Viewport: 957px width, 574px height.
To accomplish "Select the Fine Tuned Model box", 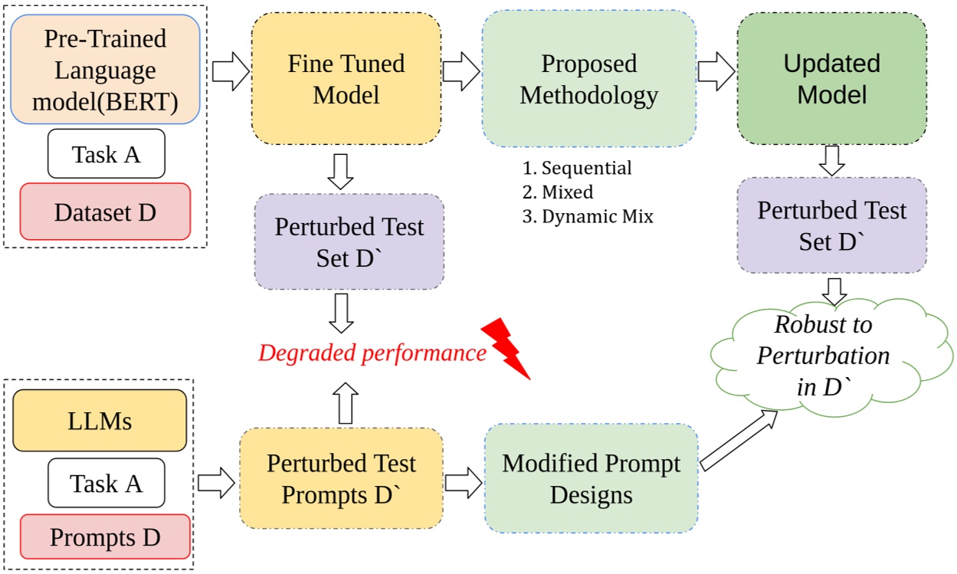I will point(346,78).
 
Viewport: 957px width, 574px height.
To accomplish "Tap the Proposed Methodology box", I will point(588,78).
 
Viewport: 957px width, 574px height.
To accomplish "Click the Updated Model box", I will point(831,78).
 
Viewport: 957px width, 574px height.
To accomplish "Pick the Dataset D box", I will point(105,212).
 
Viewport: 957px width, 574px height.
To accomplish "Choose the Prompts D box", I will point(105,536).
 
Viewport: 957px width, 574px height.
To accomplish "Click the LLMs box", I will point(100,420).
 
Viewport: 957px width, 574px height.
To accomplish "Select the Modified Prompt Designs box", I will point(591,478).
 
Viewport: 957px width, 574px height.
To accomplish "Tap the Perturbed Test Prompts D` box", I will point(341,478).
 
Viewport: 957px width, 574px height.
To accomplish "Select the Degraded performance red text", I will point(372,353).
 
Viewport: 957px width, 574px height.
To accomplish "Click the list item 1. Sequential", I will point(577,168).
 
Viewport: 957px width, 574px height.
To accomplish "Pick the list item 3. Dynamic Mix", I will point(588,216).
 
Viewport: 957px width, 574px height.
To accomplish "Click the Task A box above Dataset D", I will point(106,154).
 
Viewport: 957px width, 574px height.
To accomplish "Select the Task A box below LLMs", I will point(106,483).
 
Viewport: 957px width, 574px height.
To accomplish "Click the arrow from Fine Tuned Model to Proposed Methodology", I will point(460,72).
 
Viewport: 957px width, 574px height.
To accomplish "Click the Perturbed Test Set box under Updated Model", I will point(831,225).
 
